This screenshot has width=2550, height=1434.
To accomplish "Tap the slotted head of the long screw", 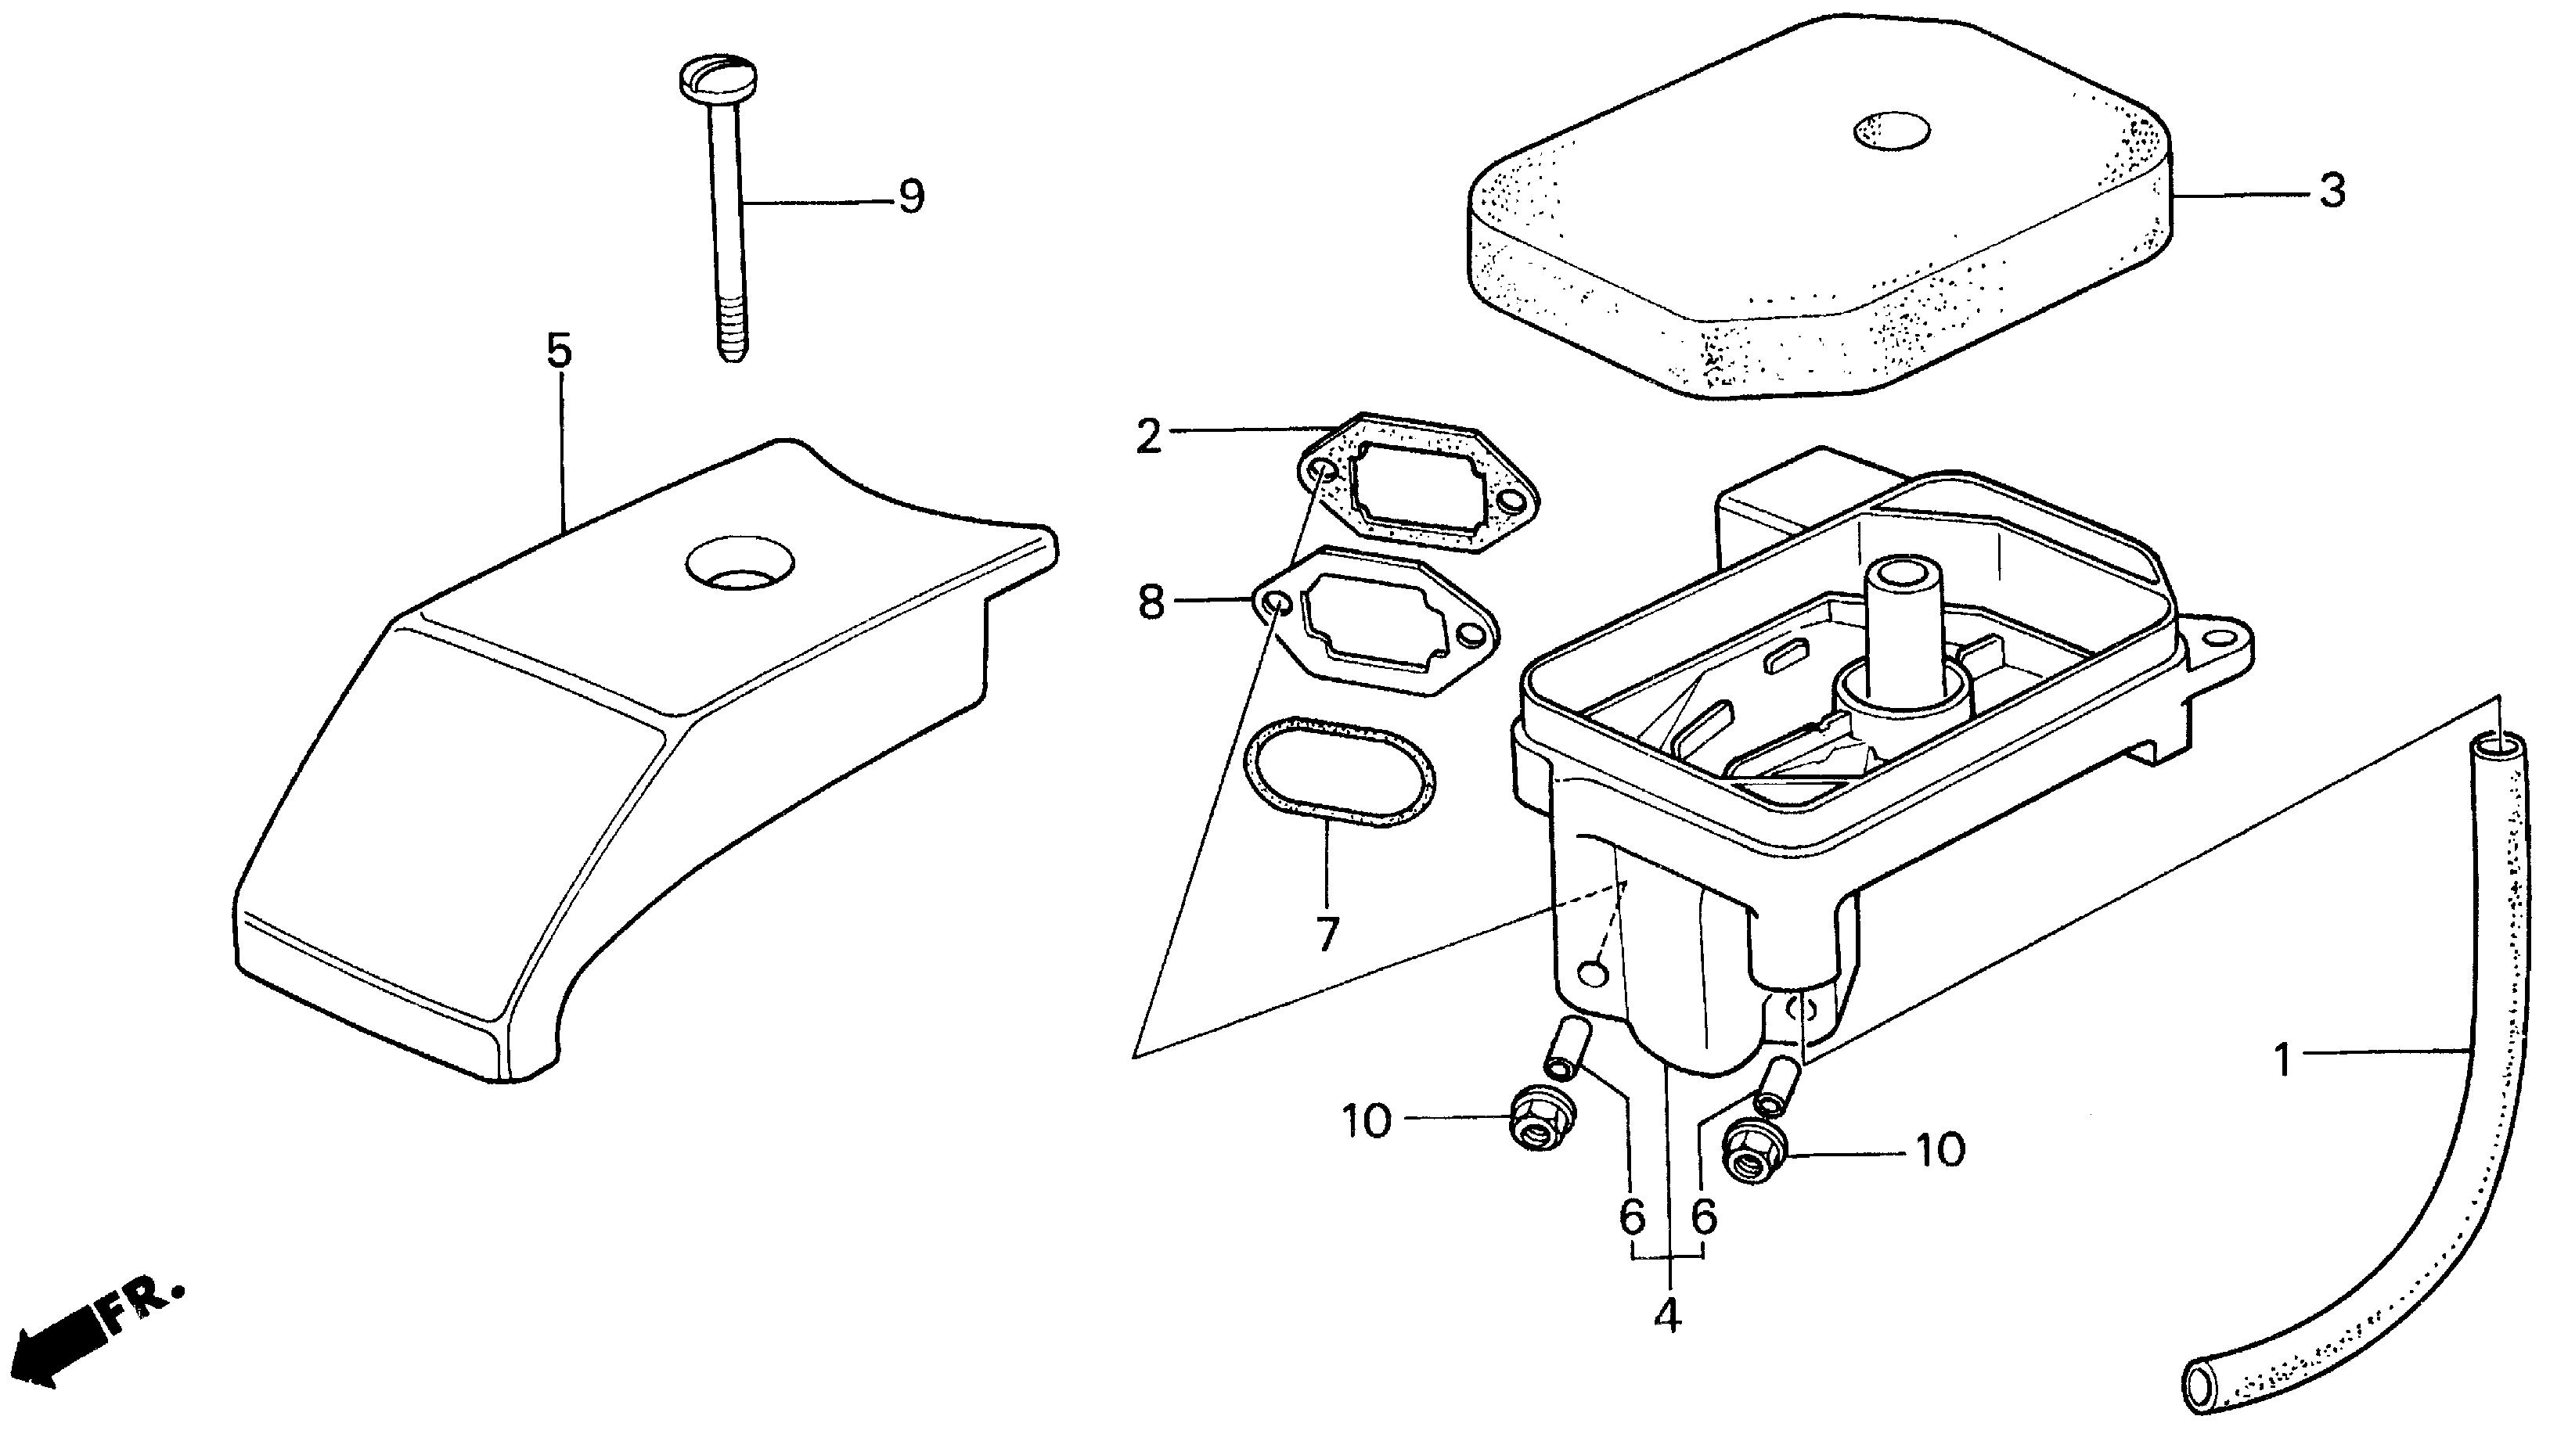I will click(x=717, y=78).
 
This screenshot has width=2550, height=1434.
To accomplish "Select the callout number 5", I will click(x=560, y=351).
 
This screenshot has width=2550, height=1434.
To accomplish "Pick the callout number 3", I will click(x=2332, y=191).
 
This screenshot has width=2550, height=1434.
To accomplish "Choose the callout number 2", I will click(x=1148, y=437).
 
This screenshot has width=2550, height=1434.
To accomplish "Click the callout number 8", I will click(x=1151, y=602).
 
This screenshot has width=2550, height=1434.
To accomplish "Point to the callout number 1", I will click(x=2283, y=1062).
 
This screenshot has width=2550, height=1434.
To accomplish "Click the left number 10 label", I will click(x=1366, y=1121).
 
